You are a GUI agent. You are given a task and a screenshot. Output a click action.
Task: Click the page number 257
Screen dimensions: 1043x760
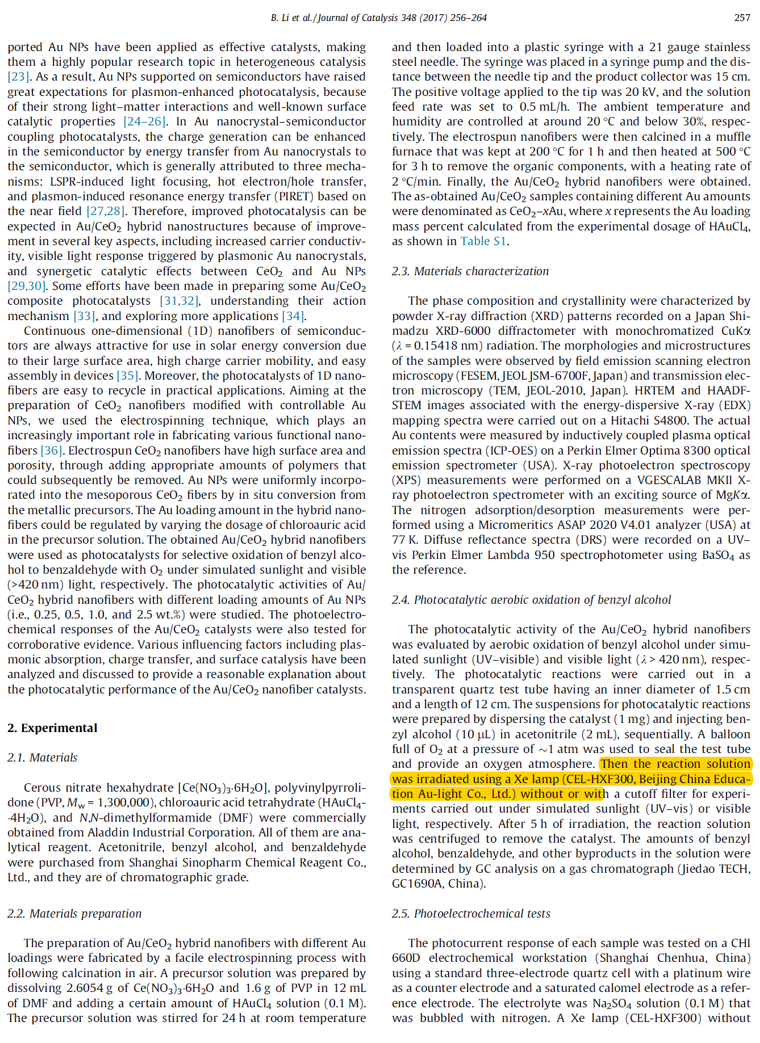(x=742, y=18)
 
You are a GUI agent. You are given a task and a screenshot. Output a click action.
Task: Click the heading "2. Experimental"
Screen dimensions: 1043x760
(x=52, y=728)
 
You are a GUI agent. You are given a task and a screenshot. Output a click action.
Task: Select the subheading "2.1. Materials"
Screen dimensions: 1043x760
(x=42, y=758)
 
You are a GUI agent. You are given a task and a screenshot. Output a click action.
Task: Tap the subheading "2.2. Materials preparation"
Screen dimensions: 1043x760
(x=74, y=914)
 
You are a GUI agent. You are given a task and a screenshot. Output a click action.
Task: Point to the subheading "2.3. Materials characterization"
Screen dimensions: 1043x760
(x=470, y=271)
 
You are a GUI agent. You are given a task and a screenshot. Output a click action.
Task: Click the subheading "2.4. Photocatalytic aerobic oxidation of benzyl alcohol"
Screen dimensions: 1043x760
(x=531, y=600)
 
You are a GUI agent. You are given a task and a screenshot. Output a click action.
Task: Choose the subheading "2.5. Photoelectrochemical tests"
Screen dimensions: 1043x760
(x=471, y=914)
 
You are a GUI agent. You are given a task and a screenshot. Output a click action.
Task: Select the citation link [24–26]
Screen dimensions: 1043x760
(x=145, y=121)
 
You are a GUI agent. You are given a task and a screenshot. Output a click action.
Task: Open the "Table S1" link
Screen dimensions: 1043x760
(x=483, y=241)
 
